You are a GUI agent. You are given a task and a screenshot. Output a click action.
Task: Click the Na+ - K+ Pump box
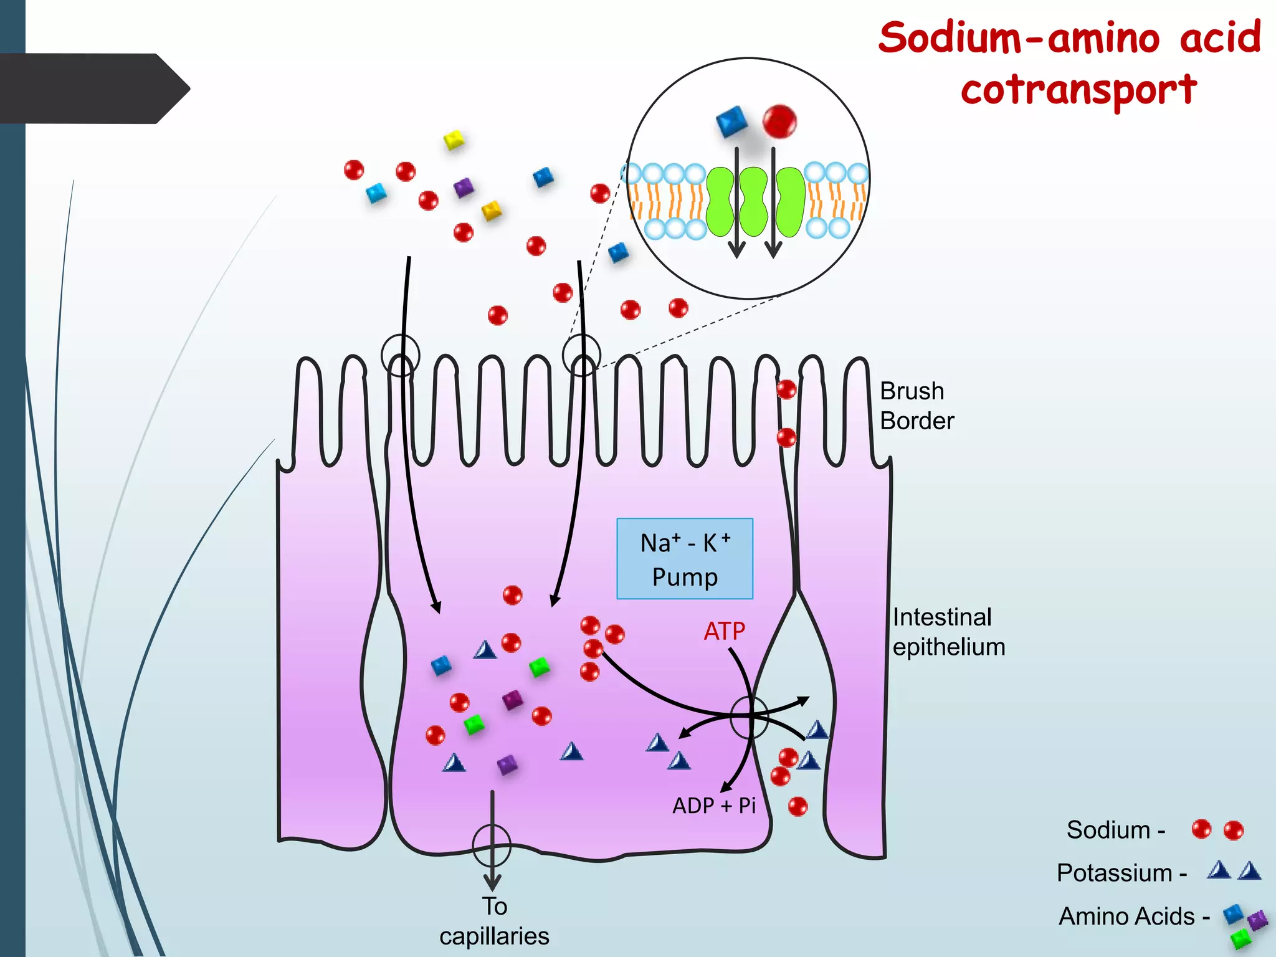(685, 559)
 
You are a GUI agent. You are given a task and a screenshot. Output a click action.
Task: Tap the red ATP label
(724, 632)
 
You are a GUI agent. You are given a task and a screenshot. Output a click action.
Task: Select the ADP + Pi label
(714, 806)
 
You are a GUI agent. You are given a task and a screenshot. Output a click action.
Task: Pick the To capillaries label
(494, 921)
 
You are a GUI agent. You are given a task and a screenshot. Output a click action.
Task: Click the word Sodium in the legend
(1108, 831)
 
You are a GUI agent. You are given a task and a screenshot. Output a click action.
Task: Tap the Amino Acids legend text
(1126, 917)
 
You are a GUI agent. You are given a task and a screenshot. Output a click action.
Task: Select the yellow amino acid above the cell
(454, 140)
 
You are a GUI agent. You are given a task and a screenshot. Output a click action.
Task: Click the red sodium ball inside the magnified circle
(779, 121)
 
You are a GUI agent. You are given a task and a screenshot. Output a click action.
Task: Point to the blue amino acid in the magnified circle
(731, 121)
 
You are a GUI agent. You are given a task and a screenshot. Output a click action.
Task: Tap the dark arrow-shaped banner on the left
(93, 88)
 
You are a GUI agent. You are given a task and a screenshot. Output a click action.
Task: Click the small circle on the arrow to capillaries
(492, 845)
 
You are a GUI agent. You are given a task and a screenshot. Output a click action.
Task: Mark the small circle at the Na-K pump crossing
(750, 717)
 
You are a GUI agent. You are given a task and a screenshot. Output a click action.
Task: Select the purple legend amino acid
(1257, 920)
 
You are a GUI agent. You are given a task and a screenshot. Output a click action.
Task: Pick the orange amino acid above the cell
(492, 210)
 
